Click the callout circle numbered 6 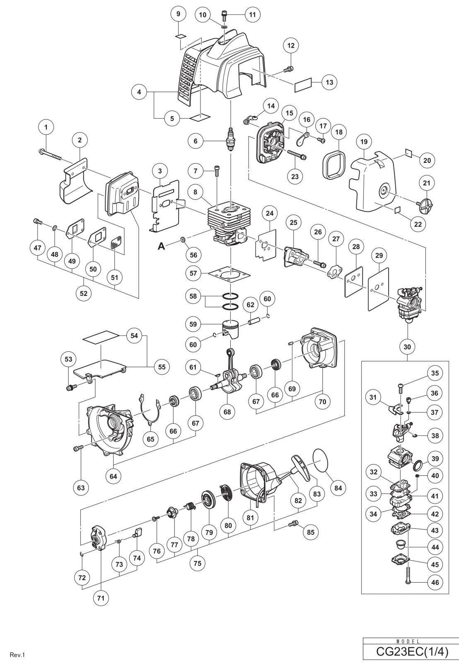(x=196, y=141)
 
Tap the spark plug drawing (x=229, y=139)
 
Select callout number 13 (x=329, y=82)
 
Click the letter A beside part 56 (x=161, y=246)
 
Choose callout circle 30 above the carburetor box (x=407, y=346)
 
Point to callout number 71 (x=101, y=598)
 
